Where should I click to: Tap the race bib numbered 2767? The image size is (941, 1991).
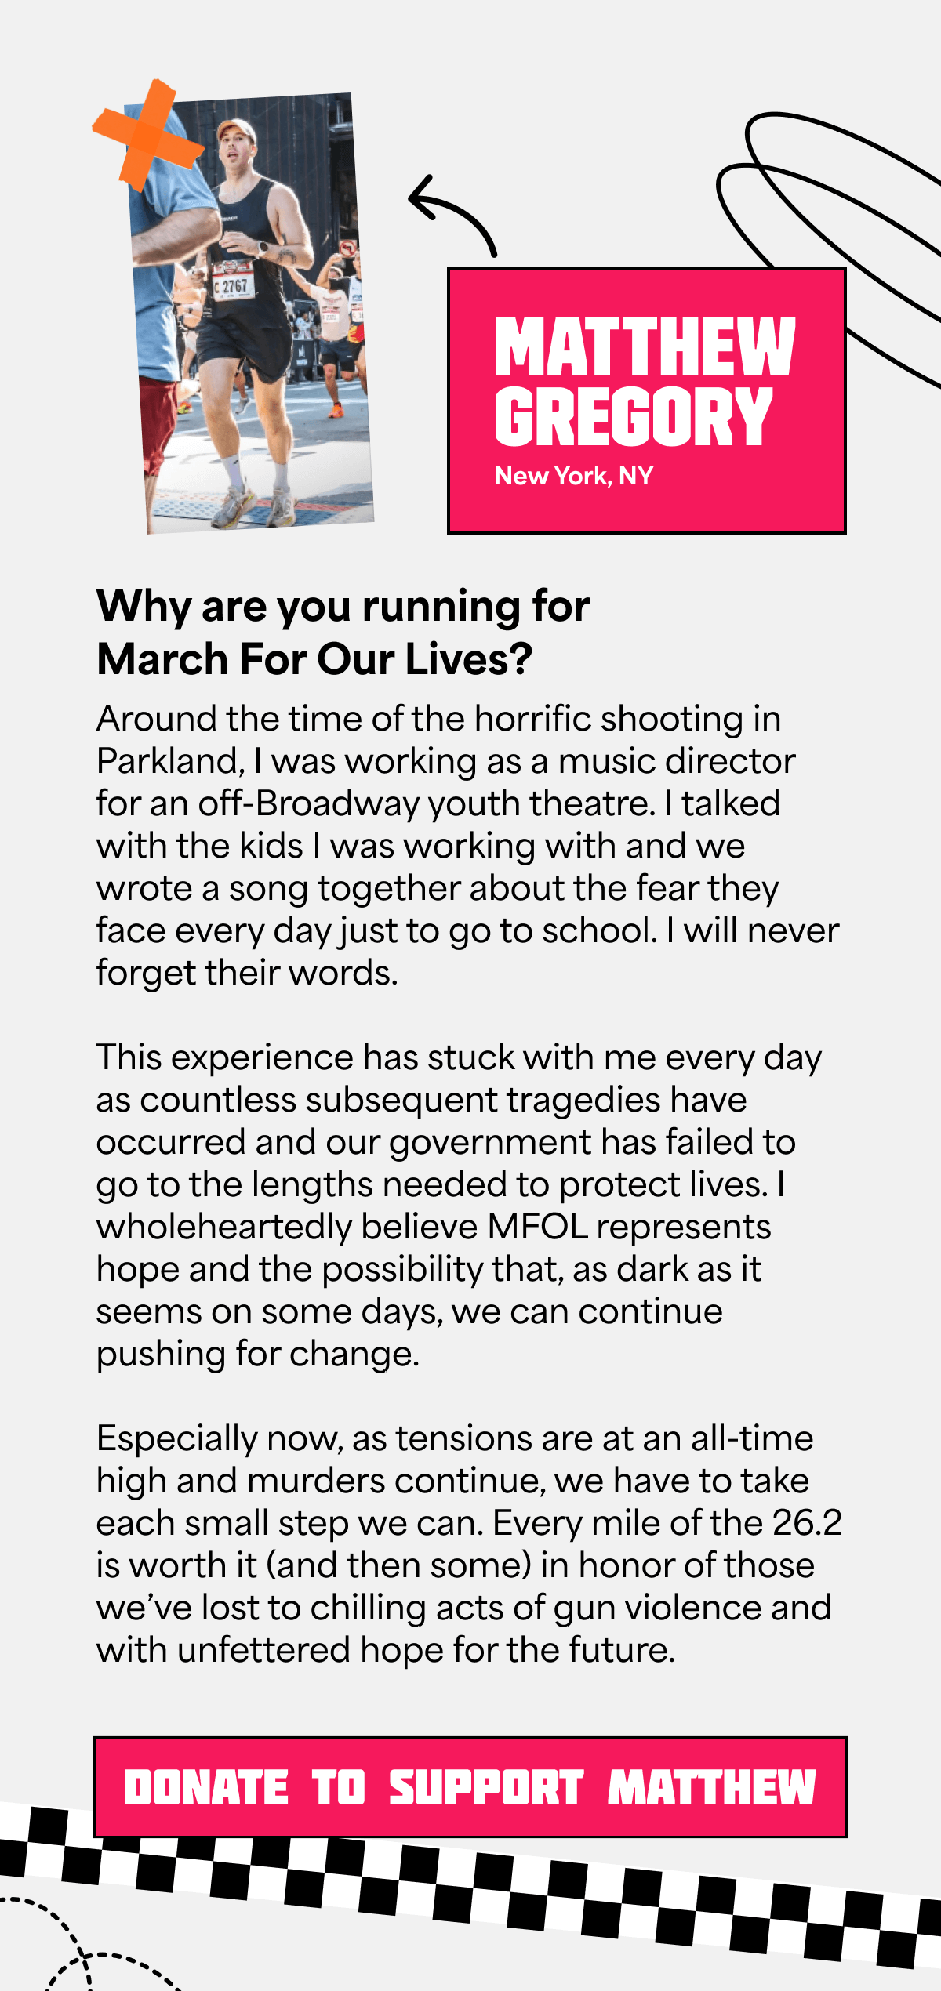click(x=232, y=286)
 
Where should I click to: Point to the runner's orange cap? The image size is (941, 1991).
click(x=235, y=129)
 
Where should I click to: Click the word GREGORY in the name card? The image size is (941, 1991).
click(x=633, y=417)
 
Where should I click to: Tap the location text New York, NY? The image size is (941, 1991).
click(x=573, y=476)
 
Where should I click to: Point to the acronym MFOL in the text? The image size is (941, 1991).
click(x=538, y=1227)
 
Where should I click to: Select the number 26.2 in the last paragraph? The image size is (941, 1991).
click(x=807, y=1523)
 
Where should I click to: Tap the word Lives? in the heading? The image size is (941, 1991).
click(x=469, y=659)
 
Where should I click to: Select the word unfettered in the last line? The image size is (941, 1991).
click(x=263, y=1650)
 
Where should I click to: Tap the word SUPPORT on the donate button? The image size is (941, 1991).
click(x=485, y=1788)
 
